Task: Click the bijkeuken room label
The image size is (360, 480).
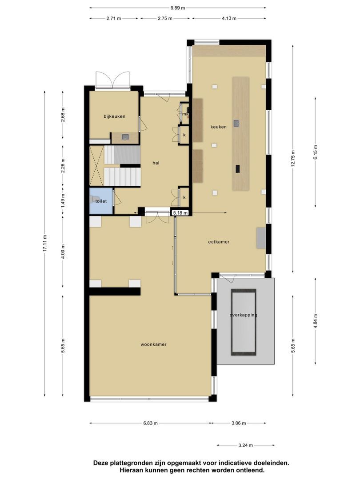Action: (114, 116)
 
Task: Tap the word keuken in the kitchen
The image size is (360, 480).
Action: (219, 127)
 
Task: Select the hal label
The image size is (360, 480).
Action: (156, 163)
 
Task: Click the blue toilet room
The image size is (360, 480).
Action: (101, 201)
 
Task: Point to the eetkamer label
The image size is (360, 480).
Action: (219, 242)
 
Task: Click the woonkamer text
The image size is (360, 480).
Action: (153, 344)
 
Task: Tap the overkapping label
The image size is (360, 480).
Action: (243, 315)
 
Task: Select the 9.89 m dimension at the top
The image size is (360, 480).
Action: (177, 8)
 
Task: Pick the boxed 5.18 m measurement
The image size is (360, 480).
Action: (181, 213)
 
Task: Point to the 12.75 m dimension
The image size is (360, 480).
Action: (292, 159)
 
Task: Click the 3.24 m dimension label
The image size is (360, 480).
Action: (245, 445)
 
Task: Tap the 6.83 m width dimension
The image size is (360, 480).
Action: (150, 423)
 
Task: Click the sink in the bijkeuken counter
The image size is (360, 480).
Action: (125, 137)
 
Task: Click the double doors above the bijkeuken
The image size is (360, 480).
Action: (114, 80)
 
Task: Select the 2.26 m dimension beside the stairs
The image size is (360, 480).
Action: (63, 165)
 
